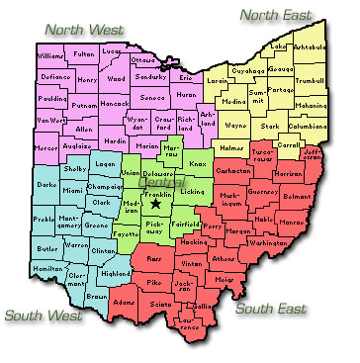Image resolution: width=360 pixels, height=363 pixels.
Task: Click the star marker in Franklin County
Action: [155, 177]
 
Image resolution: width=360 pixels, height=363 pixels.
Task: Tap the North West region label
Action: [88, 30]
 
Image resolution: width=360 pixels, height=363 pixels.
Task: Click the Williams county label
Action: [51, 57]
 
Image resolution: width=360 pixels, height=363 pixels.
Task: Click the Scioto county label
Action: [160, 305]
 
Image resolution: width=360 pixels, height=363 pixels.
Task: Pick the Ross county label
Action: [153, 257]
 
